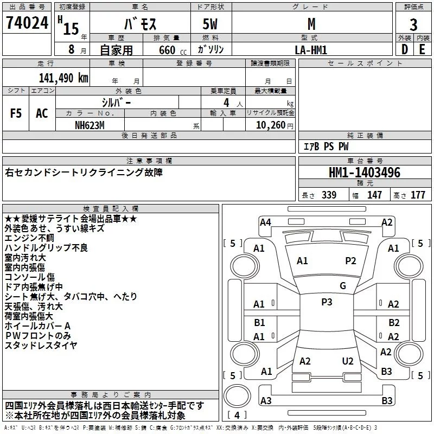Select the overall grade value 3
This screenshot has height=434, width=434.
tap(413, 24)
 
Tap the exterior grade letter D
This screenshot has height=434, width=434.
tap(404, 49)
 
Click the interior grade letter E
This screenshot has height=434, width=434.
tap(422, 49)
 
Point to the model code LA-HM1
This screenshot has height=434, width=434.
tap(311, 49)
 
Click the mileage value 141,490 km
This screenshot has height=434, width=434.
tap(63, 78)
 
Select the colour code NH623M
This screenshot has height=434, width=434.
tap(90, 125)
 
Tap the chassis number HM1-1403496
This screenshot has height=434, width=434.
tap(365, 173)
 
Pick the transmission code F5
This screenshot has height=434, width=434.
tap(16, 113)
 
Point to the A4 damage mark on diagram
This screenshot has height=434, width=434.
tap(265, 222)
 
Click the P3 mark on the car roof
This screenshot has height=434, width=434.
tap(327, 302)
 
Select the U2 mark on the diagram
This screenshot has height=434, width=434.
tap(348, 361)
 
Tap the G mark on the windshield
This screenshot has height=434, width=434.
tap(342, 285)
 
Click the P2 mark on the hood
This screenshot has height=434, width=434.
tap(350, 261)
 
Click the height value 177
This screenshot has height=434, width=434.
tap(418, 195)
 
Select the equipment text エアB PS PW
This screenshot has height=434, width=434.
tap(325, 146)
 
